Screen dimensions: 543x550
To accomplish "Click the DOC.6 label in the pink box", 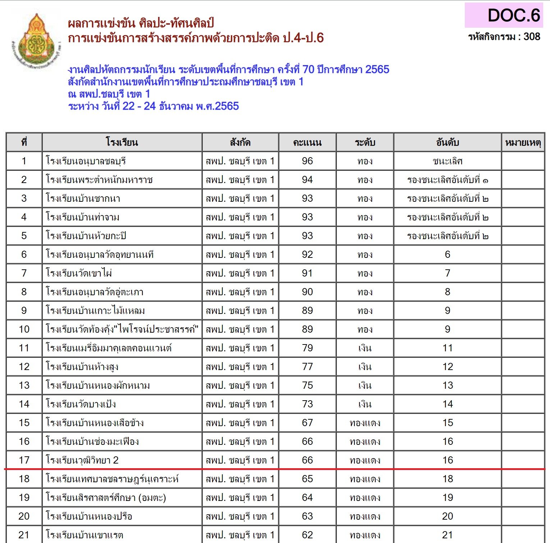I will [x=513, y=15].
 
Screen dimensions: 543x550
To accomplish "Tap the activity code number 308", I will [x=532, y=37].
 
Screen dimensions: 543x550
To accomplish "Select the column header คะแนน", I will [x=307, y=143].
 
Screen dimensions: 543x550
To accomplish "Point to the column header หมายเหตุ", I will [x=523, y=143].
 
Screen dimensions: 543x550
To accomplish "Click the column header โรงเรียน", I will [x=122, y=142].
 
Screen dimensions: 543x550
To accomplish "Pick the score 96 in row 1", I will [x=307, y=161].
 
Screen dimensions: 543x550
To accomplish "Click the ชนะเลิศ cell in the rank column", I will [x=447, y=161].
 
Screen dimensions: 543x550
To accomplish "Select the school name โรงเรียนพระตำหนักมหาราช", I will [x=99, y=180].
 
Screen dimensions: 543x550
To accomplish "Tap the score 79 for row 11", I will [x=307, y=348].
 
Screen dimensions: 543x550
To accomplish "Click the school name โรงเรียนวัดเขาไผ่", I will [x=79, y=273].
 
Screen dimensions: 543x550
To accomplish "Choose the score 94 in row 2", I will [x=307, y=180].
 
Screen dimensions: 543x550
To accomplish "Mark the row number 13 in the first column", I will [x=24, y=385].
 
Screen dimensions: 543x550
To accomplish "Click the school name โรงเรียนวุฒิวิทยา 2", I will [x=82, y=460].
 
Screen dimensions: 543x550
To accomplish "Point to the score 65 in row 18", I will [x=307, y=479].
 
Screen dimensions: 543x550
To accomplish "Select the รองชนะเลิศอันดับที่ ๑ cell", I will [x=447, y=180].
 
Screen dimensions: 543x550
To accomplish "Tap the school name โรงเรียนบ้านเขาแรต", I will [x=84, y=535].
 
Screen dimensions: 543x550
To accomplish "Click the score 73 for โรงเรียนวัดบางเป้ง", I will [x=307, y=404].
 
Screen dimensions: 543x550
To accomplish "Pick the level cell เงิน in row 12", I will [x=365, y=367].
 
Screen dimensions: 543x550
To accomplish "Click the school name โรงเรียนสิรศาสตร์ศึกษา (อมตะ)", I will [x=106, y=498].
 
